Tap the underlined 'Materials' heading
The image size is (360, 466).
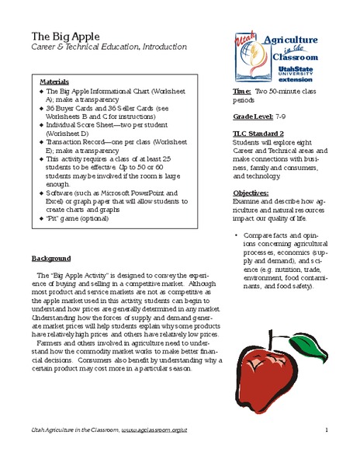[54, 81]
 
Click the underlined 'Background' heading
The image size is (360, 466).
[51, 258]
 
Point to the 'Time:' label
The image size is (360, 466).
[241, 92]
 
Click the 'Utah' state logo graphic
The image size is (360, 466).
[245, 50]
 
